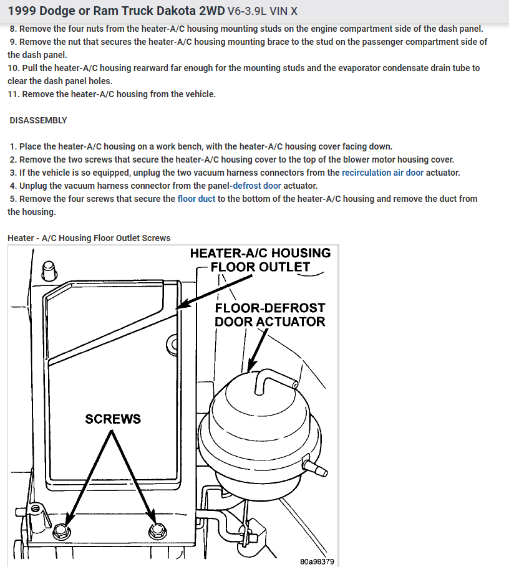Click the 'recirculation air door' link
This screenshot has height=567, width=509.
click(382, 173)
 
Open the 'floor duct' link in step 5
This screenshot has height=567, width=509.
click(196, 199)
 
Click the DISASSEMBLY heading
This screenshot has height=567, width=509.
click(39, 120)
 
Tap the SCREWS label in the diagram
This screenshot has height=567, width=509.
click(113, 419)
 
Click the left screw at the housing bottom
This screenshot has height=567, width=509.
click(61, 531)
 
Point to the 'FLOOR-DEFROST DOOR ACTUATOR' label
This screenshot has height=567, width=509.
click(269, 315)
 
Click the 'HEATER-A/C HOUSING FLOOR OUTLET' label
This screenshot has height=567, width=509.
click(260, 260)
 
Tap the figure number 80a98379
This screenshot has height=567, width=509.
click(317, 561)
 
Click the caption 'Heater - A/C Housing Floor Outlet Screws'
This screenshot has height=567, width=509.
click(89, 238)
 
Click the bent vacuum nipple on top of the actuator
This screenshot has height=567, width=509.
click(269, 378)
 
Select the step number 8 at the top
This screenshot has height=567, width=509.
click(14, 29)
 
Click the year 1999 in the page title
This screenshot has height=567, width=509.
click(23, 11)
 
